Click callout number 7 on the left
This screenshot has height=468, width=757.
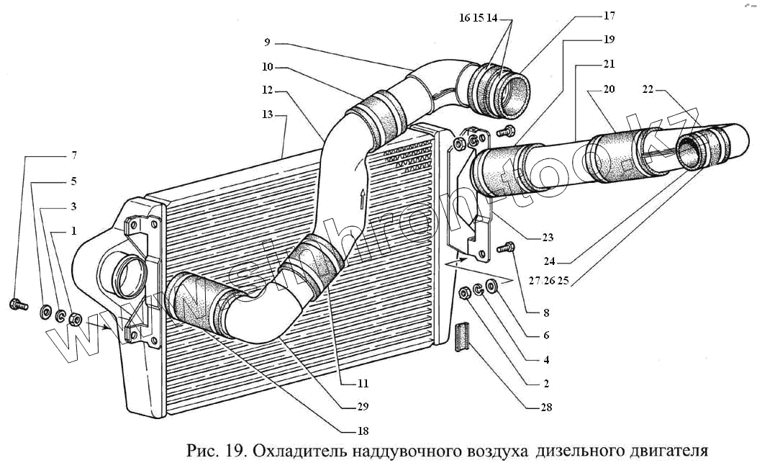73,156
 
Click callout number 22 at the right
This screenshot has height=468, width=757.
648,89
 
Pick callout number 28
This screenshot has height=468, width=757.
547,408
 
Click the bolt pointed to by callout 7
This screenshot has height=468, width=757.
18,305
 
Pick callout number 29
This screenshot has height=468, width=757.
363,407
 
